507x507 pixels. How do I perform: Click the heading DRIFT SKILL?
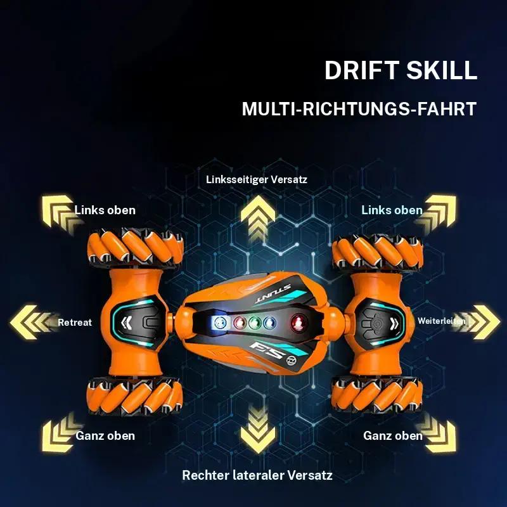pos(401,70)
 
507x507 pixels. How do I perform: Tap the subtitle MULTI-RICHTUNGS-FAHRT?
pos(359,108)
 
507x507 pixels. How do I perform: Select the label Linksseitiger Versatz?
pos(257,179)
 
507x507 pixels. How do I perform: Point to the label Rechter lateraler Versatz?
pos(257,475)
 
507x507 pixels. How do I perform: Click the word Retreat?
pos(75,323)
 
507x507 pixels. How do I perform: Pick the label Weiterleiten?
pos(441,321)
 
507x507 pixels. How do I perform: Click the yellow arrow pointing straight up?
pos(258,217)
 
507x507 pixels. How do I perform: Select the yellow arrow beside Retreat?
pos(32,323)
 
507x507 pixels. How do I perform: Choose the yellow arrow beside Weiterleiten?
pos(477,322)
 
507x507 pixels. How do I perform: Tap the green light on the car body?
pos(255,323)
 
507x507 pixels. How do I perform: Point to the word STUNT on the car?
pos(273,293)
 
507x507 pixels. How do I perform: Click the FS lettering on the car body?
pos(267,351)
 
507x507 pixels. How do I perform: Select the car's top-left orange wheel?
pos(135,247)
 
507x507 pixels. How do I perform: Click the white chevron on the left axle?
pos(126,323)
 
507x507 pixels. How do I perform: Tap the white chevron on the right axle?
pos(394,323)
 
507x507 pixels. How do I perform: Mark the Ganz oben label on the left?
pos(105,435)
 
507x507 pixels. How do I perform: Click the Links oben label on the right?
pos(392,210)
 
